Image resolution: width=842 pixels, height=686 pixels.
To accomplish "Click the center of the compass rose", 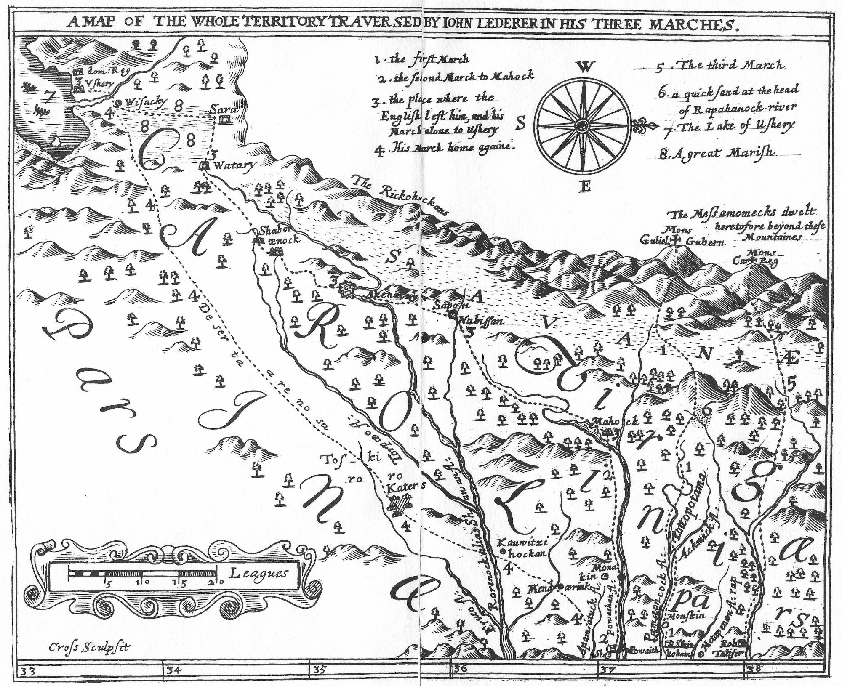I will [583, 125].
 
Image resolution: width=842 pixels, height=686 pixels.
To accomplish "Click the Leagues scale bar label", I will [258, 573].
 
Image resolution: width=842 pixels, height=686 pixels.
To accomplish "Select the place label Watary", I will [234, 165].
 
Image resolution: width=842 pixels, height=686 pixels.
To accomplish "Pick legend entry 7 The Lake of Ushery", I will [728, 125].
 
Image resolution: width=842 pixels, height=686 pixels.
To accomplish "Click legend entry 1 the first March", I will [421, 59].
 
